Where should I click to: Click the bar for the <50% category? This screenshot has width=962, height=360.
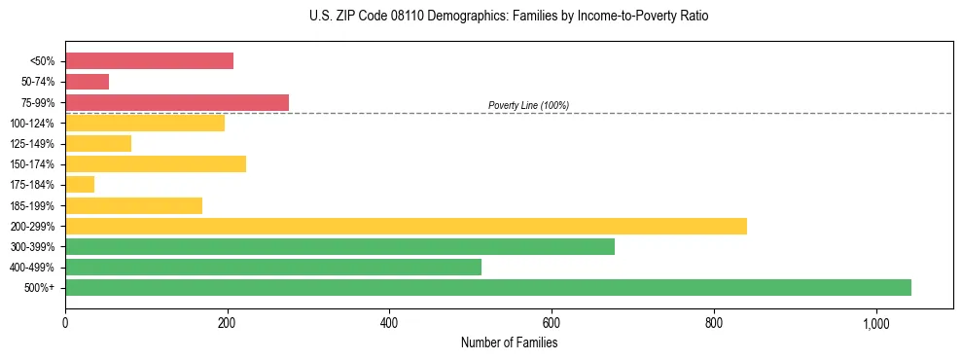149,61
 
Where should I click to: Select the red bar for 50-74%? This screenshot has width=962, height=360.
87,82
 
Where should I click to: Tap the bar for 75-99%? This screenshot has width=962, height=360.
177,102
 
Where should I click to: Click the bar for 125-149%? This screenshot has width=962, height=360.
98,143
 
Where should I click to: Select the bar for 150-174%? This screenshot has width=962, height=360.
156,163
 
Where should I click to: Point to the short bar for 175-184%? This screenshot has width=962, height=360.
80,185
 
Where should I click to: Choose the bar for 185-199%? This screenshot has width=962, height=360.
133,205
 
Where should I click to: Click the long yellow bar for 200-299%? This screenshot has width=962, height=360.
406,226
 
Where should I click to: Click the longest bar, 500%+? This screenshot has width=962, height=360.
488,287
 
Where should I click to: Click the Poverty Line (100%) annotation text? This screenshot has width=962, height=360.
528,105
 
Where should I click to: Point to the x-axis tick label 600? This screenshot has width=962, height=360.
552,323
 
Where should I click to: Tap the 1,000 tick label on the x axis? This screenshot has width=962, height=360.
875,323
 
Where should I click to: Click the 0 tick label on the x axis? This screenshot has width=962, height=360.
65,323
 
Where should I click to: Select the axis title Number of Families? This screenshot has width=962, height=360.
509,342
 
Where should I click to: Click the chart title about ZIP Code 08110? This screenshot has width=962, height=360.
509,17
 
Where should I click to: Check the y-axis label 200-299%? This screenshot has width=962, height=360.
32,227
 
